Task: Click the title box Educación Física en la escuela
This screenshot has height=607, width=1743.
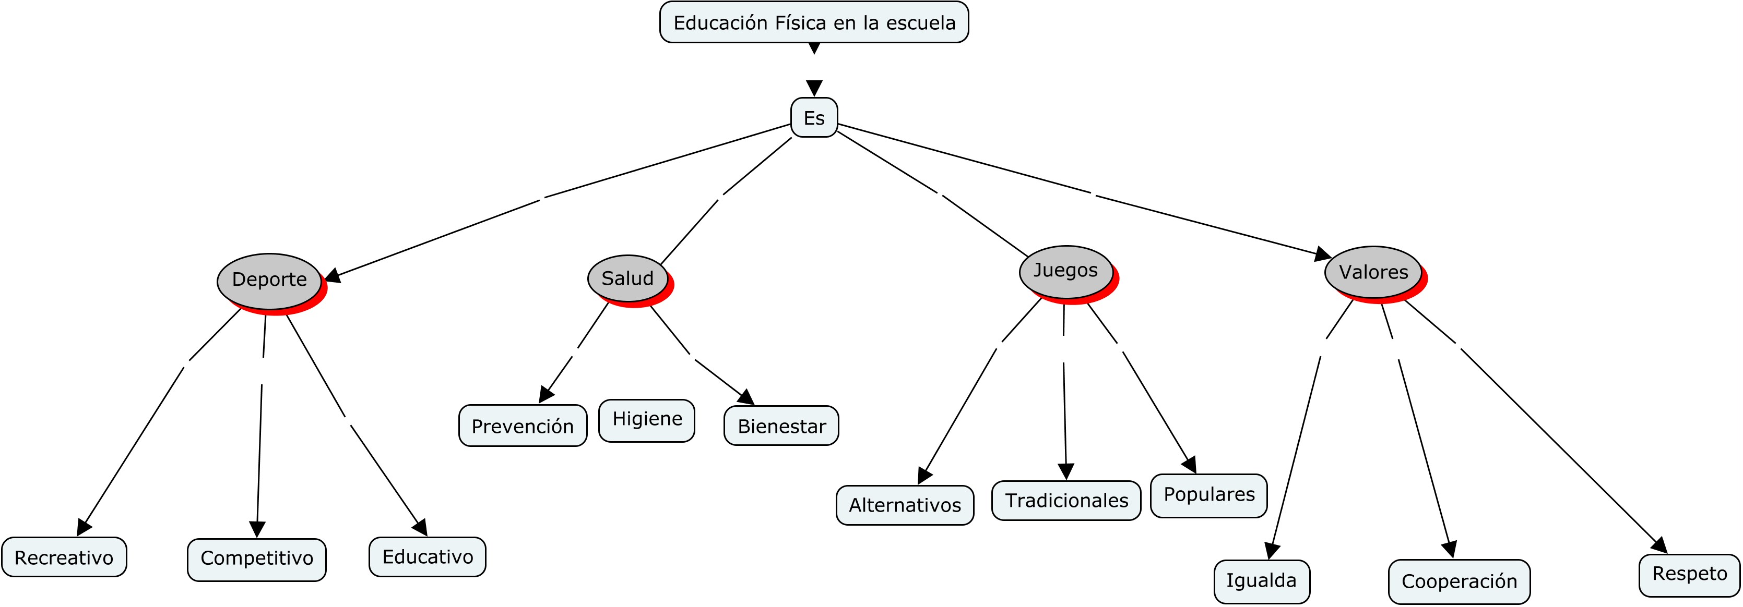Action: [x=814, y=22]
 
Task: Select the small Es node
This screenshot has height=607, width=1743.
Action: [x=814, y=118]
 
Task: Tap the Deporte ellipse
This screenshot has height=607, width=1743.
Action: [x=269, y=280]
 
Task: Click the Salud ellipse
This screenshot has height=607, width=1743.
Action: [x=627, y=278]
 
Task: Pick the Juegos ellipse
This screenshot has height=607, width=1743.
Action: [x=1066, y=270]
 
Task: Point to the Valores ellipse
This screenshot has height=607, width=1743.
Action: [x=1373, y=272]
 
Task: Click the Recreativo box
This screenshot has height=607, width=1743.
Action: [x=64, y=557]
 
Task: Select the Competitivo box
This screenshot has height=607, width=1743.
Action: [x=256, y=559]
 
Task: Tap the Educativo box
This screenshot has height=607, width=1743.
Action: [x=427, y=556]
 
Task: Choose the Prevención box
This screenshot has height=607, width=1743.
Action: [x=523, y=426]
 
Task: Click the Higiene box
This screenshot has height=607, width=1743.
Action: [x=647, y=420]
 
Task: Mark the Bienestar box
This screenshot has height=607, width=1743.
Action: [x=781, y=426]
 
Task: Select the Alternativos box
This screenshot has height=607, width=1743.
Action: [x=905, y=505]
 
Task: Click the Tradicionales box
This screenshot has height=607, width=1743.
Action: [x=1066, y=500]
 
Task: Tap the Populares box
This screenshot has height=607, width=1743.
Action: [x=1208, y=495]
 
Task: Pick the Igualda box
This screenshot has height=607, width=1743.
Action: [x=1261, y=580]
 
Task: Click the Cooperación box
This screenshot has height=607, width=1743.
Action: [x=1459, y=581]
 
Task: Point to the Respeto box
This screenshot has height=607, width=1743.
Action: [x=1689, y=575]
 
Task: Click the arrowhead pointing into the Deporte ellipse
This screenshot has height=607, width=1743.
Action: [x=332, y=276]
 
